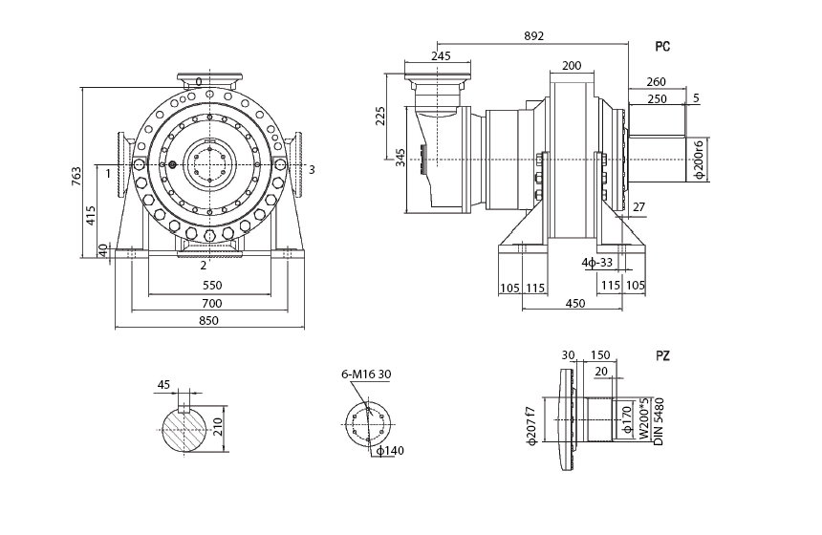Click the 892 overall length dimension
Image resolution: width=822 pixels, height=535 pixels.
[533, 36]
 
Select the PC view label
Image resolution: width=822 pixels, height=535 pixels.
[662, 47]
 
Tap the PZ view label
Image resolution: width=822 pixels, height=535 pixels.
[662, 356]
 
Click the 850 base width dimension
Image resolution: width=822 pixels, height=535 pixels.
[208, 321]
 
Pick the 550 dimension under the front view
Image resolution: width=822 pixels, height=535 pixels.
[212, 286]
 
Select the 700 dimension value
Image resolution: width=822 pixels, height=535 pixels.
[212, 304]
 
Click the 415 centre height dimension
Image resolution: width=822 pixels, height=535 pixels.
[91, 215]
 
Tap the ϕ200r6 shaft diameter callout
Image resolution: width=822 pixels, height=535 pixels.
[699, 160]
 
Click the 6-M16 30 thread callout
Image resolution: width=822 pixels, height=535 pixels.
[366, 374]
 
